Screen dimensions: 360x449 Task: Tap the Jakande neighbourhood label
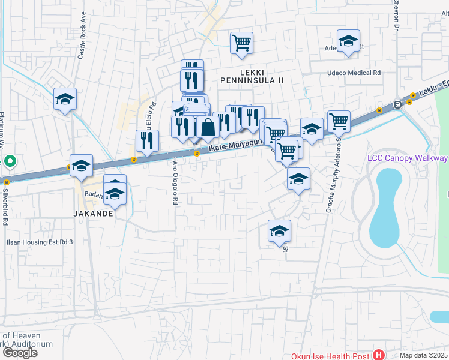(93, 213)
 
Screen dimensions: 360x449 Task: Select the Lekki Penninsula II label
(252, 80)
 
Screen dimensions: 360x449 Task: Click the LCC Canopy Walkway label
(407, 158)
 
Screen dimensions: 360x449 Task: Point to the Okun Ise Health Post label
(330, 356)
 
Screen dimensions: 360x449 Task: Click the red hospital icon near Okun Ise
(378, 355)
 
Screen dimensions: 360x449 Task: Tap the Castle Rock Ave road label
(83, 41)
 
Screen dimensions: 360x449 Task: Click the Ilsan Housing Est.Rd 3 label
(39, 242)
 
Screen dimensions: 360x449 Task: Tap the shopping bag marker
(208, 127)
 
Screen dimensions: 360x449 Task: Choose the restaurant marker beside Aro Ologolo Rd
(147, 140)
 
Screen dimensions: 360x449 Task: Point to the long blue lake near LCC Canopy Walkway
(385, 207)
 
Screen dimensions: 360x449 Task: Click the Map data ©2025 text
(424, 355)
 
